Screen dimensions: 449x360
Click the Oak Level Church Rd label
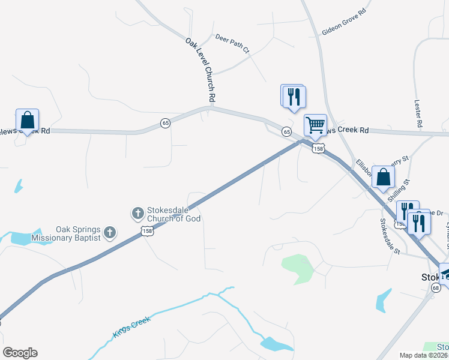coord(200,69)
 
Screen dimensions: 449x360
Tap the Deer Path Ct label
coord(232,44)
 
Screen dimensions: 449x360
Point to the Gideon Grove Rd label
coord(344,21)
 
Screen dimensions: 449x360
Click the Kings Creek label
coord(130,326)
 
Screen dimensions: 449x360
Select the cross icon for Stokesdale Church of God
coord(137,212)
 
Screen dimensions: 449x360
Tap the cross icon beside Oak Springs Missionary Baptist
coord(109,232)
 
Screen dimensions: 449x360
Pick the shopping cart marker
coord(315,125)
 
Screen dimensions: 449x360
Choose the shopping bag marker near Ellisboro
coord(384,177)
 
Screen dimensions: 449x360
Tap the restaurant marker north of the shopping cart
coord(294,97)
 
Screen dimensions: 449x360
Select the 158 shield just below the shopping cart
coord(318,148)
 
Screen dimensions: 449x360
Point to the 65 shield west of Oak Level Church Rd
coord(166,123)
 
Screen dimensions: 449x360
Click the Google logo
coord(20,353)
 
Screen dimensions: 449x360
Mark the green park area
coord(298,267)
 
